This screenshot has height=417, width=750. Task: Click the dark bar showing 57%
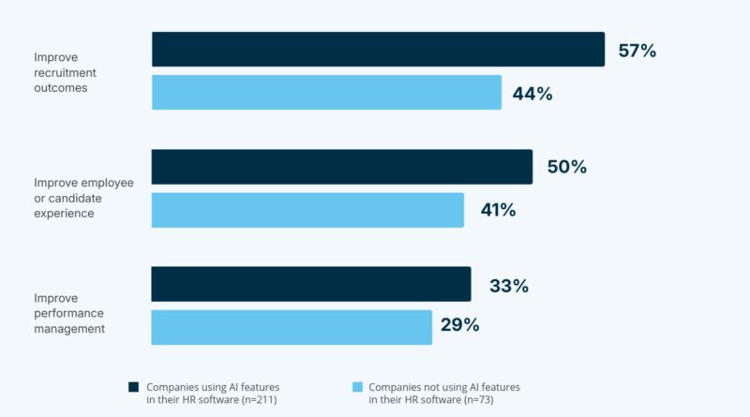tap(378, 50)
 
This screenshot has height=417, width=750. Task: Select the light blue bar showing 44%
tap(326, 93)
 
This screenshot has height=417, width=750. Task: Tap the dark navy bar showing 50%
tap(342, 167)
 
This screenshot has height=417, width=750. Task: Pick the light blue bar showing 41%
tap(307, 210)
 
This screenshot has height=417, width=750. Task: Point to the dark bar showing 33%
tap(311, 285)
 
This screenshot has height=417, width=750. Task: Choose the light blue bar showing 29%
tap(292, 327)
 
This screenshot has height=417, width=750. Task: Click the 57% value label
tap(637, 51)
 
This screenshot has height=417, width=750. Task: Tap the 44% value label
tap(532, 94)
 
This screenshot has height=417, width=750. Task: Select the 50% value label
tap(566, 168)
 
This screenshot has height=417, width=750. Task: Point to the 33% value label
tap(508, 286)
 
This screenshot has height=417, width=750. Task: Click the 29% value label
tap(460, 326)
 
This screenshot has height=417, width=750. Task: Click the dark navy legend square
tap(133, 386)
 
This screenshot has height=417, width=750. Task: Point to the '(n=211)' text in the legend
tap(260, 400)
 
